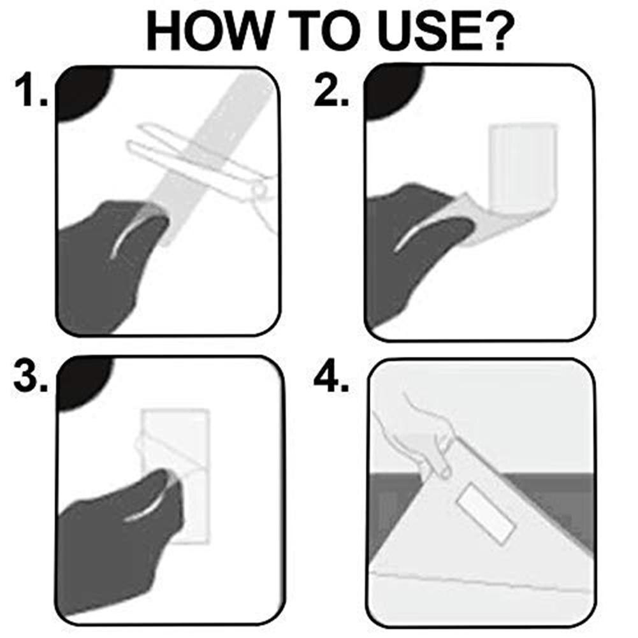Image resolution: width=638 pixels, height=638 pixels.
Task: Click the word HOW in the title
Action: [208, 31]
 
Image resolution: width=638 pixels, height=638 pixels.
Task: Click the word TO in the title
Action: [324, 31]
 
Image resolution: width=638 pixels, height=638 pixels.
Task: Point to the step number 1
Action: [31, 91]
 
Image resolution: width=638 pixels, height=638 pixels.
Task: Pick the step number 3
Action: [31, 377]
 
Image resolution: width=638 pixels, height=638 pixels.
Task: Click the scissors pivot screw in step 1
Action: [258, 189]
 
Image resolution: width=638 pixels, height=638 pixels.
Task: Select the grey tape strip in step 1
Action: [212, 159]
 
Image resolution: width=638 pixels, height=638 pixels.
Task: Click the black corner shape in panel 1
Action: [82, 93]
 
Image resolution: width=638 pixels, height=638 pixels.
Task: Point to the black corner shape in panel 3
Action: [83, 383]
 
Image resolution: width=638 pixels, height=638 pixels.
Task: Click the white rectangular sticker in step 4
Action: [487, 514]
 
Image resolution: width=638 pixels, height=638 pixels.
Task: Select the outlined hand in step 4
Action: [423, 435]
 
